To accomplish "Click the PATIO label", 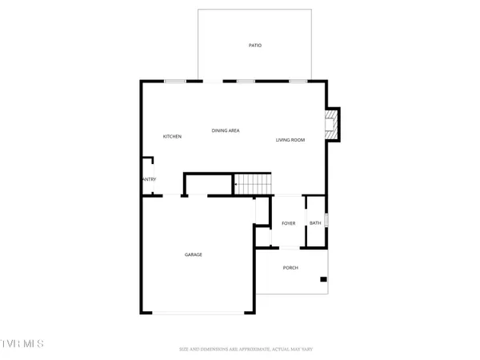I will pos(254,46).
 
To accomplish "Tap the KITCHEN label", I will pos(172,137).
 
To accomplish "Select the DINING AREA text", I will pos(226,130).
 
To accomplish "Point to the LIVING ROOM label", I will pos(290,140).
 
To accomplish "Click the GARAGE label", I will pos(194,254).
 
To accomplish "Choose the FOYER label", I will pos(288,223).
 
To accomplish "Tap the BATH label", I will pos(315,223).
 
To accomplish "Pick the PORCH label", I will pos(290,267).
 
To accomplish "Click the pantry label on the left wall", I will pos(149,179).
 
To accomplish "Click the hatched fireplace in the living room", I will pos(329,124).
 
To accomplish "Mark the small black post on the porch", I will pos(323,279).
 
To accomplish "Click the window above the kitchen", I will pos(175,81).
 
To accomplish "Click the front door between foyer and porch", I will pos(288,247).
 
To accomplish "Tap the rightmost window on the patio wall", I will pos(298,81).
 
